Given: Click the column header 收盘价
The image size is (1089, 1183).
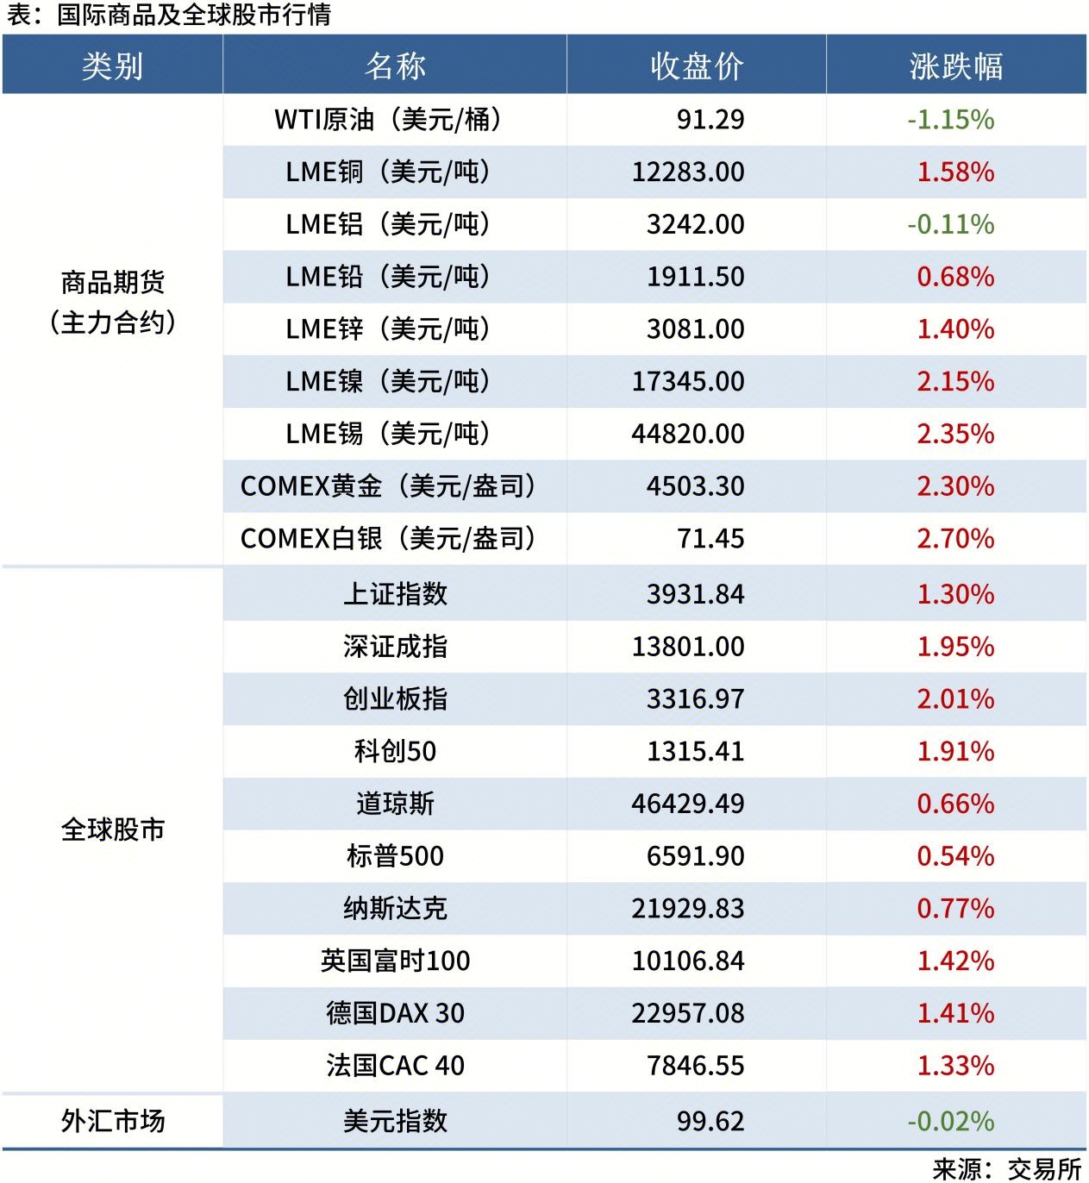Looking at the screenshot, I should coord(697,66).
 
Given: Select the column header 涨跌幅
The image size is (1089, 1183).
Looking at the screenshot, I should coord(955,66).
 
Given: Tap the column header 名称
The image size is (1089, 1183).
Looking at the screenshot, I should coord(395,66).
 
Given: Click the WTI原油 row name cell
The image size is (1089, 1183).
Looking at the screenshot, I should coord(388,119).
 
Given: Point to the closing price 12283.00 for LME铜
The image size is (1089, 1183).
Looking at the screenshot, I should coord(688,172).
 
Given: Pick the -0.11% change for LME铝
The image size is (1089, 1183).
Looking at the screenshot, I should coord(950,224).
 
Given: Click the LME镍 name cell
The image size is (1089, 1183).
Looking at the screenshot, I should coord(388,381).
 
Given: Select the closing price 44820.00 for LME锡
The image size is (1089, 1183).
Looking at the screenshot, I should coord(688,434).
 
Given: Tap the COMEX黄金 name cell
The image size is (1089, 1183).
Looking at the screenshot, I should coord(388,486).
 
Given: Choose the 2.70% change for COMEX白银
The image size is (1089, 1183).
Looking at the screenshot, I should coord(955,539).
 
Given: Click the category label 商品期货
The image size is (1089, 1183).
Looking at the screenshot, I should coord(112,282).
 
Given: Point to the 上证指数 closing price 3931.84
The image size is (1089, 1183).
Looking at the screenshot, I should coord(695,594).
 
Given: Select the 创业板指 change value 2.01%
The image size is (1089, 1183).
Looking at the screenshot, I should coord(955,698).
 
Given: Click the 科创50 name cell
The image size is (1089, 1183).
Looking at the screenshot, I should coord(395,751).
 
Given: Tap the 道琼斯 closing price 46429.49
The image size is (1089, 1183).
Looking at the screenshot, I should coord(688,804).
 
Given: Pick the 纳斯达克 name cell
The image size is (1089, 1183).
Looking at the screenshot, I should coord(395,908).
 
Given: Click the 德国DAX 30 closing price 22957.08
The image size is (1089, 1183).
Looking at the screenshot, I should coord(688,1013).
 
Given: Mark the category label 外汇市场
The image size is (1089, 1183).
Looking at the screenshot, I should coord(112,1121).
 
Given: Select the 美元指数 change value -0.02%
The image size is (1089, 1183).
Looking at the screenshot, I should coord(950,1121).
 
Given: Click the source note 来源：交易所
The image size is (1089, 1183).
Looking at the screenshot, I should coord(1007,1168).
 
